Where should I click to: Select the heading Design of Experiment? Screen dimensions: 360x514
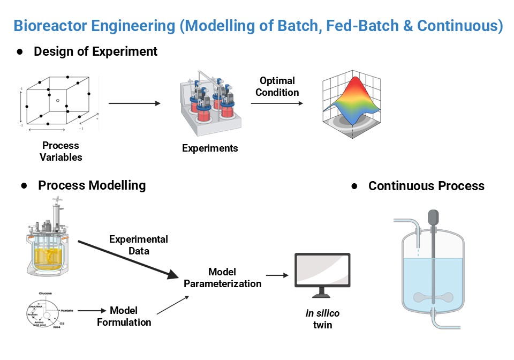pos(95,51)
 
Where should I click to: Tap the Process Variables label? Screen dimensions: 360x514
pos(61,151)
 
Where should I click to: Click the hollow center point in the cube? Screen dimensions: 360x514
pos(57,100)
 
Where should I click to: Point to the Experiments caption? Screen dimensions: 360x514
pos(209,148)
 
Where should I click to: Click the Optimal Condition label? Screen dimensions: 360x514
pos(277,86)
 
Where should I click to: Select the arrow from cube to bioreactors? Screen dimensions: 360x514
pos(134,103)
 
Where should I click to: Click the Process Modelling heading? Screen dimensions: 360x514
pos(92,185)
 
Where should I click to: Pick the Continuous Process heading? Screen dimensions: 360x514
pos(426,186)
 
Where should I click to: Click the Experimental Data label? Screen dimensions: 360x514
pos(138,245)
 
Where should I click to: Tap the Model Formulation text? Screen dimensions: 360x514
pos(124,316)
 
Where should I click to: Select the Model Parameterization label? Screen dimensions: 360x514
pos(222,278)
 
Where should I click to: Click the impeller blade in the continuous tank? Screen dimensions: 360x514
pos(433,297)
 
